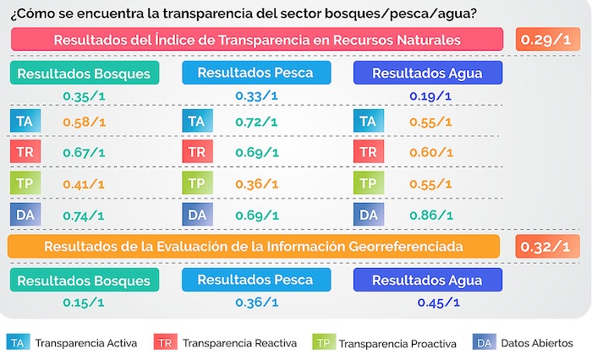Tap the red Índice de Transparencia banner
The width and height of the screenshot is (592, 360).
click(257, 40)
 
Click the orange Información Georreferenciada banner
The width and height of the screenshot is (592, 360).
click(253, 247)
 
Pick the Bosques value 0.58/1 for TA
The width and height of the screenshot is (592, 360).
click(84, 123)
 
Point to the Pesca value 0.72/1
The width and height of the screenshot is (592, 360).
click(256, 123)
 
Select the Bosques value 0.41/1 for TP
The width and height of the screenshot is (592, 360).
click(84, 183)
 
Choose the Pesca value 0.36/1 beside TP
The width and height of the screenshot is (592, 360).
click(256, 183)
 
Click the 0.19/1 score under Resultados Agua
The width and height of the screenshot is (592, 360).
click(430, 96)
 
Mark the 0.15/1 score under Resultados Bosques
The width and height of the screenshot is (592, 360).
click(84, 302)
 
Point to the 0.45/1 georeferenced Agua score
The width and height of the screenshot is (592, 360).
click(438, 302)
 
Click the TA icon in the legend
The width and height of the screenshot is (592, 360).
click(17, 342)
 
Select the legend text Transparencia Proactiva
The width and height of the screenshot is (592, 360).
click(397, 343)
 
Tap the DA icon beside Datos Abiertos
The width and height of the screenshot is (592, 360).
click(484, 342)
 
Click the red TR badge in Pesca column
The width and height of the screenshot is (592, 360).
click(195, 153)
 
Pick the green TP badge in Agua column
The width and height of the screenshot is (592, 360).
click(368, 183)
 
